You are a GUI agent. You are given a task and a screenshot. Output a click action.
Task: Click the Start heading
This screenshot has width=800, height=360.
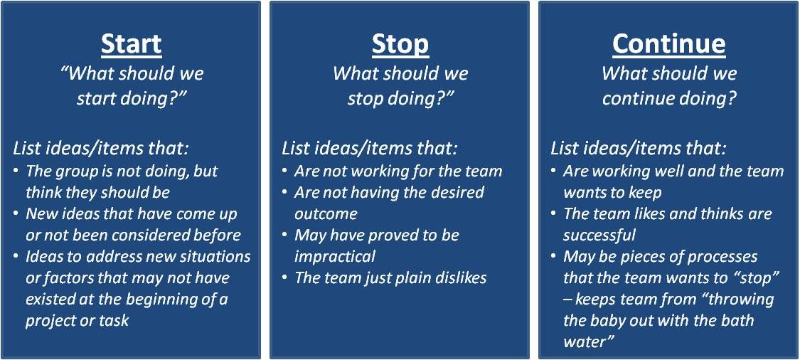[132, 44]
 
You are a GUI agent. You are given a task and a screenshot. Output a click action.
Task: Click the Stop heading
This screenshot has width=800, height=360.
[400, 44]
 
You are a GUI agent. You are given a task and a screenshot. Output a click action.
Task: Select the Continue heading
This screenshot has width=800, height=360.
[669, 44]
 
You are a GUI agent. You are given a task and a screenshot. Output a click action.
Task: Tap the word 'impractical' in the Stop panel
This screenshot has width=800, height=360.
[335, 256]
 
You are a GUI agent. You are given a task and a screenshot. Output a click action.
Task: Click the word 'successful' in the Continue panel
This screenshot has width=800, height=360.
[599, 235]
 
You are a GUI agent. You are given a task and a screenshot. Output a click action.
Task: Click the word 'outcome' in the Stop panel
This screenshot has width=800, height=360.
[326, 213]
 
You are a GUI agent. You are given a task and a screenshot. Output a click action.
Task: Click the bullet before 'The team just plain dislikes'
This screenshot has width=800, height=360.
[285, 277]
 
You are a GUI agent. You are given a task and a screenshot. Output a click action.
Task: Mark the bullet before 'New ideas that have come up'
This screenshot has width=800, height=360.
[17, 214]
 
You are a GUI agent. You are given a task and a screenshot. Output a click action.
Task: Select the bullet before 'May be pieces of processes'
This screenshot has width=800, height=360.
[554, 256]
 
